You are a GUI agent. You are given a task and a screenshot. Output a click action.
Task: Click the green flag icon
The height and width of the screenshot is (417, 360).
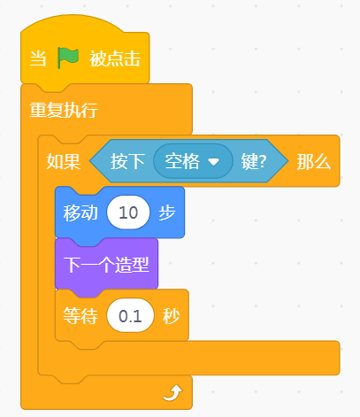68,58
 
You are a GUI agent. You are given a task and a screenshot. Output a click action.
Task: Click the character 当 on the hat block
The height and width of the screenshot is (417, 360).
38,58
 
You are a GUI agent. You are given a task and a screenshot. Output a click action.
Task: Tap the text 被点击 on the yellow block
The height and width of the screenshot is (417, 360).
115,58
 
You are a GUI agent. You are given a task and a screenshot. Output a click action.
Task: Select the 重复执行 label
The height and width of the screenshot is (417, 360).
64,110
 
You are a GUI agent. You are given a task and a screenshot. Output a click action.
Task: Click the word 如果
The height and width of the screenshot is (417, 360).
64,161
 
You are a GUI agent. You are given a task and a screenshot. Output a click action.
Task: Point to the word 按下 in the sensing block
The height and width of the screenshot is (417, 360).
127,161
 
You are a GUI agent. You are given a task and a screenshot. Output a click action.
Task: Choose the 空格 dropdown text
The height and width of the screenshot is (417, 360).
182,161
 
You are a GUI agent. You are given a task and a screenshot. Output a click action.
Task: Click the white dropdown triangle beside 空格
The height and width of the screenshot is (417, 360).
213,162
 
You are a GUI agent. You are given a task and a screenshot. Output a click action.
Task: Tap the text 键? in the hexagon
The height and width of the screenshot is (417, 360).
254,161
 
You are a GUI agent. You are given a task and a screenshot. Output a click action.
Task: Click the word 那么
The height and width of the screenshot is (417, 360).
314,161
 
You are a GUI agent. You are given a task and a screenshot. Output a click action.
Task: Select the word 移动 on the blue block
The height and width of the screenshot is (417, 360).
80,212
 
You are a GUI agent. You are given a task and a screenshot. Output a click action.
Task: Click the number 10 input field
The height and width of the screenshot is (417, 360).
128,212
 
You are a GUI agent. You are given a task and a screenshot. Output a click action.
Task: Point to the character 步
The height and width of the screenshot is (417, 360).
167,212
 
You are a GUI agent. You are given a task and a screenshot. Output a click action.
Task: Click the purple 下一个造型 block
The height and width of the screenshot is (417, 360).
106,264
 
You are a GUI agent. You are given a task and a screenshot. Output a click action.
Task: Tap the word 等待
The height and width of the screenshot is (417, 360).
80,316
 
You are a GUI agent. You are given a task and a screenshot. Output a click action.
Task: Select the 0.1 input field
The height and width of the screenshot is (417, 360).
130,315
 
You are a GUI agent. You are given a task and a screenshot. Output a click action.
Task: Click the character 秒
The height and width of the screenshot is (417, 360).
171,316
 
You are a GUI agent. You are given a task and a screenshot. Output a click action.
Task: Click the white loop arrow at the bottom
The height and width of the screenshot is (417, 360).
172,393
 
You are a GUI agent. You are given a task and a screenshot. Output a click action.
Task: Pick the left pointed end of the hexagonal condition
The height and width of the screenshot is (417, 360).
90,161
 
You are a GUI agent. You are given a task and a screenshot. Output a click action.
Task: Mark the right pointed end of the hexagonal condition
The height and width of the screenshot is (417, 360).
287,161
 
